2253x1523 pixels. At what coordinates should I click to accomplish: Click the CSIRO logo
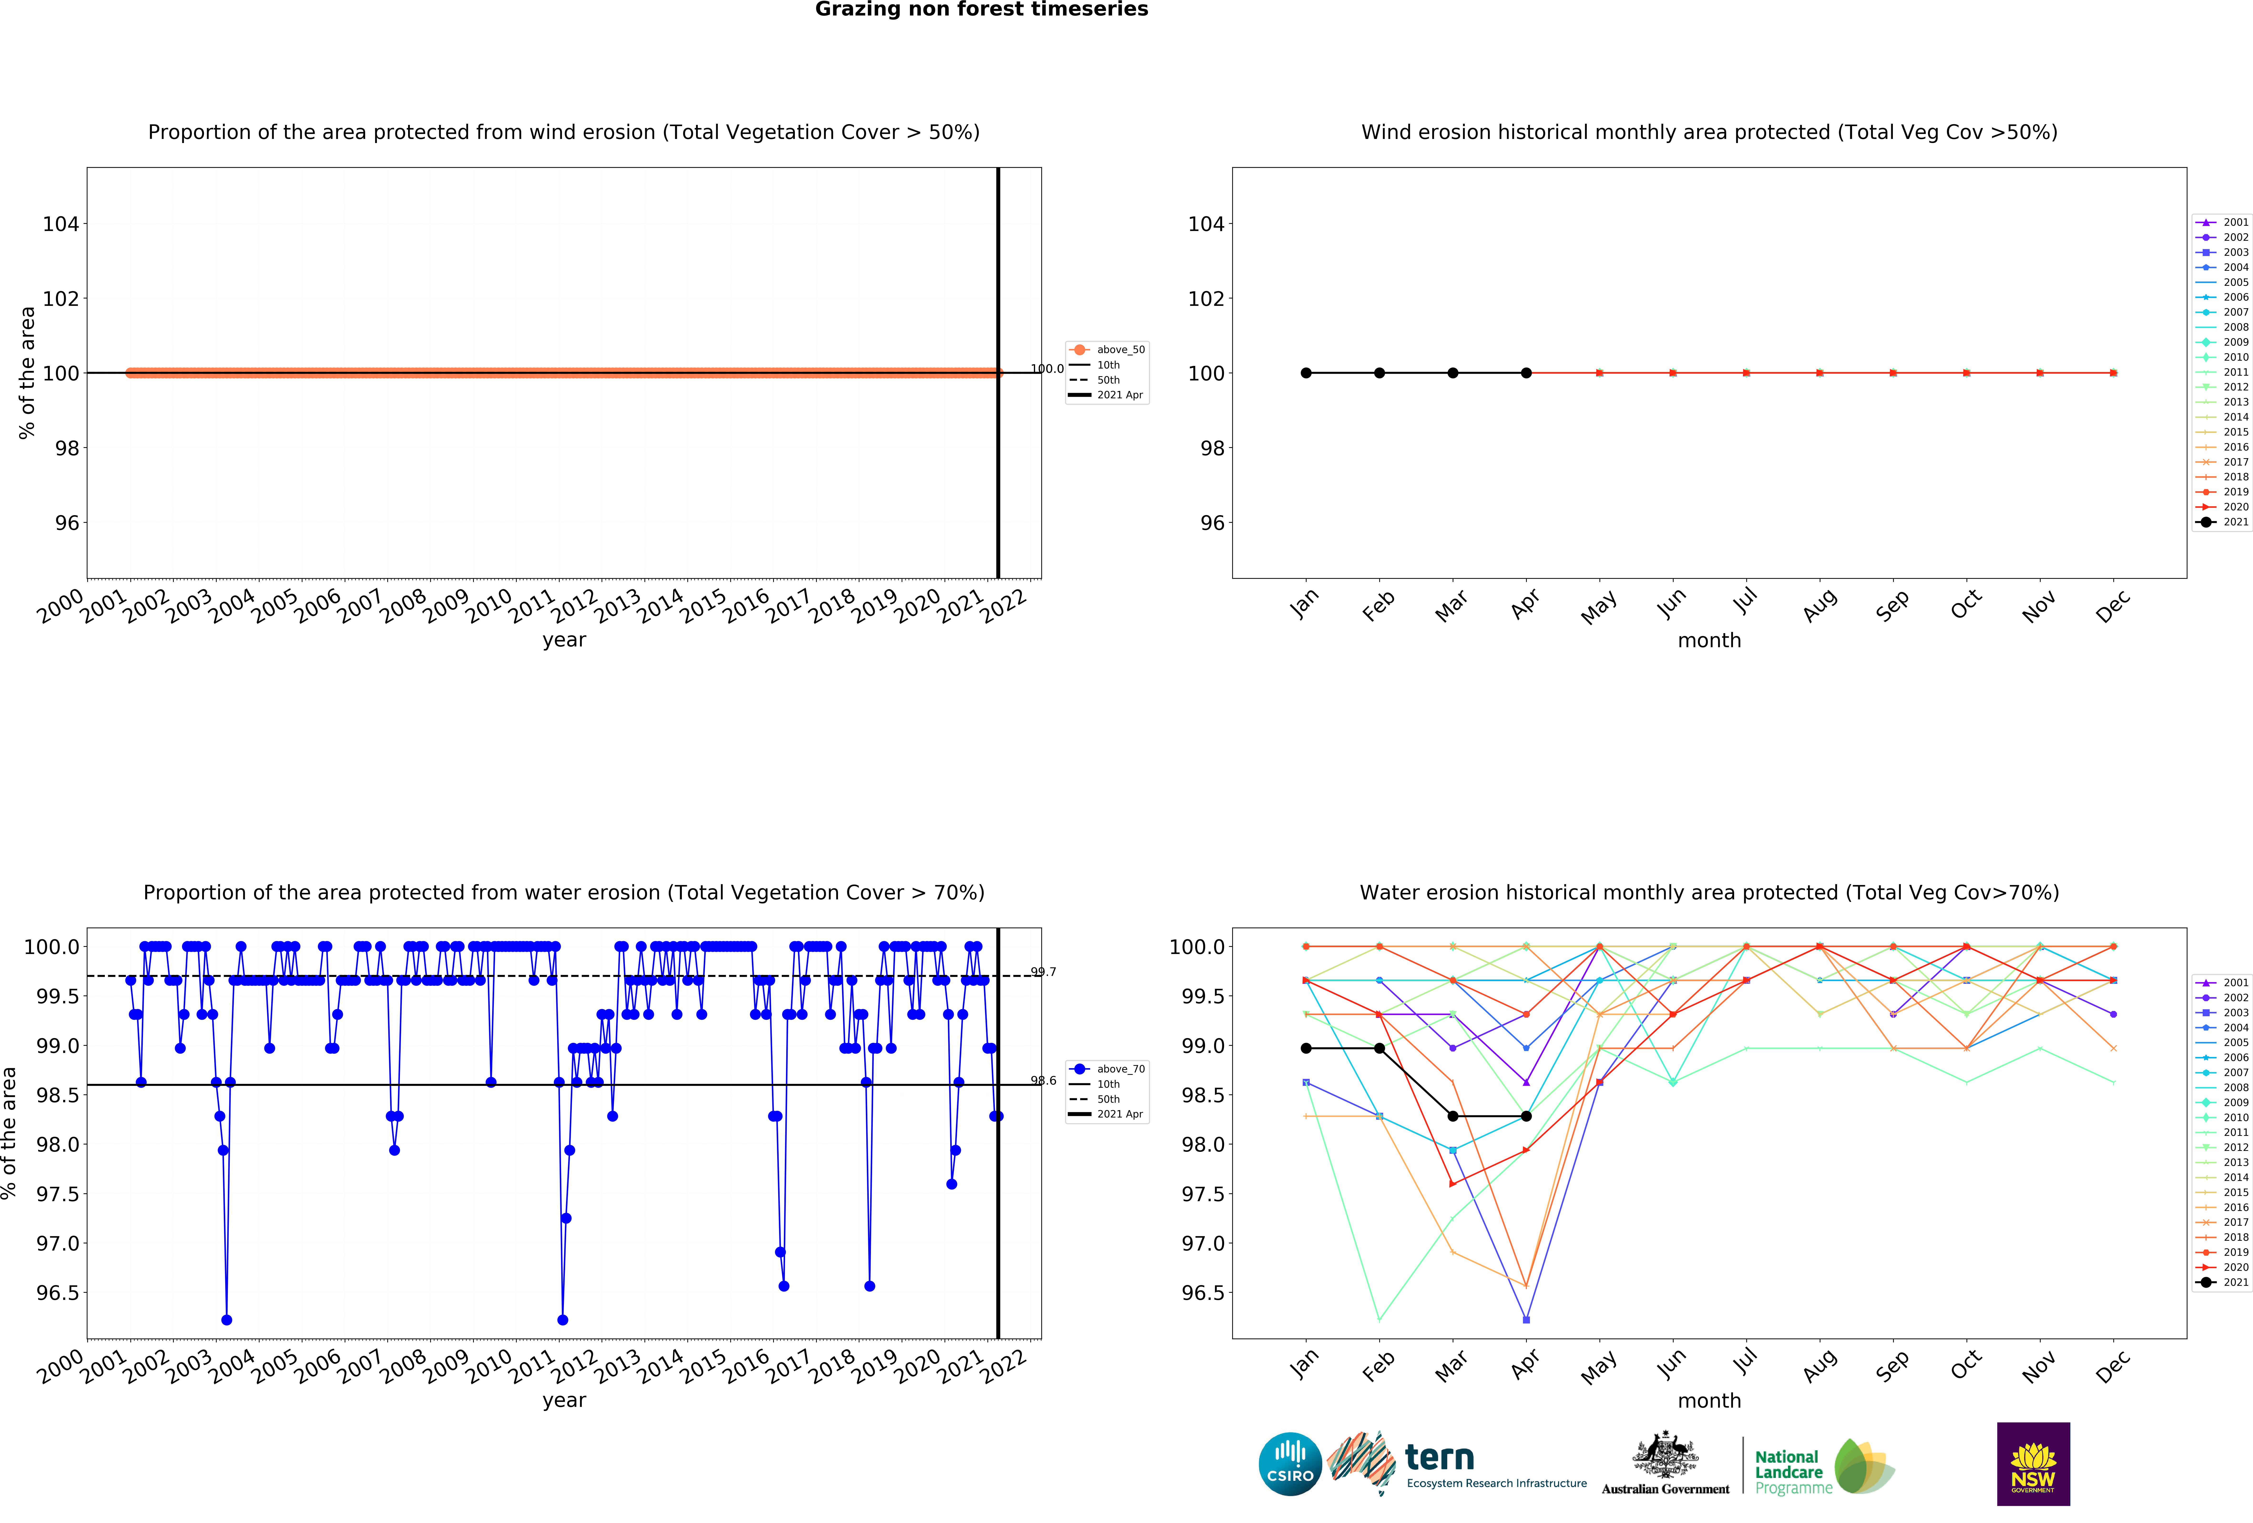tap(1289, 1464)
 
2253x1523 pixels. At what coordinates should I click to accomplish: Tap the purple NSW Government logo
tap(2033, 1464)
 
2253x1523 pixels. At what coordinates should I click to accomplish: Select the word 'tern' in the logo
tap(1440, 1457)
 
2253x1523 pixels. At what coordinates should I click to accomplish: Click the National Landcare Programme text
tap(1789, 1472)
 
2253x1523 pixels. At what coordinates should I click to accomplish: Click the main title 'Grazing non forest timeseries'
tap(981, 10)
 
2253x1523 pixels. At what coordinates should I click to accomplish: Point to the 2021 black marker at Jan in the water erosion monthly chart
tap(1306, 1048)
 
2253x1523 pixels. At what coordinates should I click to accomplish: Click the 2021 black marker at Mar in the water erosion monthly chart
tap(1452, 1116)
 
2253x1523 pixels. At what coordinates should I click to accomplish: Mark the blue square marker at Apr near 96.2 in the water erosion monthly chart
tap(1526, 1319)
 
